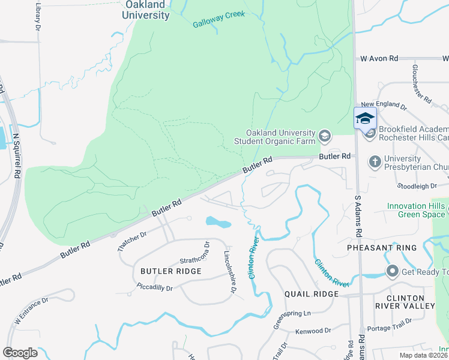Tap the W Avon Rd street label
click(x=379, y=59)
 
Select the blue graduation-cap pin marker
click(x=365, y=118)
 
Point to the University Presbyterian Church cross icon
click(x=375, y=161)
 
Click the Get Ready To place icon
click(x=393, y=272)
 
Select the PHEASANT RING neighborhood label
click(x=373, y=247)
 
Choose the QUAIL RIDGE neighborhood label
click(x=311, y=294)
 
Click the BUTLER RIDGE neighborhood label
click(x=170, y=271)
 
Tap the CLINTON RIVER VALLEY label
click(x=411, y=302)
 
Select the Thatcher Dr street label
click(x=130, y=242)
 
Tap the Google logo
click(x=20, y=352)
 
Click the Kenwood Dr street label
click(x=313, y=331)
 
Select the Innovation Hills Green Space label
click(x=416, y=210)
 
